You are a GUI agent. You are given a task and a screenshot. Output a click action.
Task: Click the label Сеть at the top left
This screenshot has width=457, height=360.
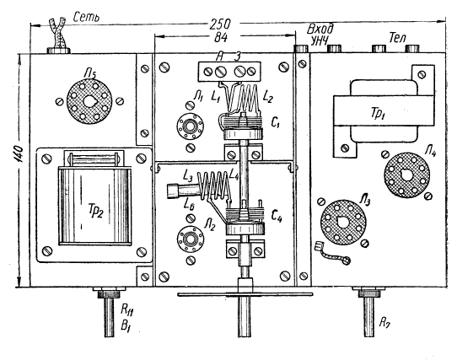click(x=86, y=17)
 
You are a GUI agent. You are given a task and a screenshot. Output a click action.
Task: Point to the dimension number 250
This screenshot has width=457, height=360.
click(x=220, y=24)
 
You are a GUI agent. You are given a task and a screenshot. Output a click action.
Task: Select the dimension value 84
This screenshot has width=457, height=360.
click(x=221, y=37)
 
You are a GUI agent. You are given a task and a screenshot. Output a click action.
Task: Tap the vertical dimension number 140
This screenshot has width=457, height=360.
click(x=19, y=153)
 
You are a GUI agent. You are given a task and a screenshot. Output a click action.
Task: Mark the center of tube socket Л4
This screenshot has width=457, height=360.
click(x=407, y=175)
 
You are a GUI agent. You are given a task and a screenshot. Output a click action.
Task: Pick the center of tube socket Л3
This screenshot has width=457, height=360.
click(x=343, y=223)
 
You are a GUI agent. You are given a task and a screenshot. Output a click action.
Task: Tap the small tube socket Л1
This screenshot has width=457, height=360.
click(x=190, y=126)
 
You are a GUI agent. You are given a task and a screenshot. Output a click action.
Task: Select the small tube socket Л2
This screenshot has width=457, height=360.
click(x=191, y=239)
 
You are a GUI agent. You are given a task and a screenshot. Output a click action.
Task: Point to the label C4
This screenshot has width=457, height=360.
click(x=277, y=217)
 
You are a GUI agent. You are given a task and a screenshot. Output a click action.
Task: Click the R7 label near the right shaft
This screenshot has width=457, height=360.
click(x=384, y=322)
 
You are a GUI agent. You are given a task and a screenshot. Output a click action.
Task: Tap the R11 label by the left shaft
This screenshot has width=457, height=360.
click(x=127, y=310)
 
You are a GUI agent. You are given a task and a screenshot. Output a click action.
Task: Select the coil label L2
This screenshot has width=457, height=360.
click(x=268, y=96)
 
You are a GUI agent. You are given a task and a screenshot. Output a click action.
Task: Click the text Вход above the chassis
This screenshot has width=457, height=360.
click(x=320, y=30)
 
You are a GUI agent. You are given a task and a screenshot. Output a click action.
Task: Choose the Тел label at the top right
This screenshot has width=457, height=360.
click(x=397, y=37)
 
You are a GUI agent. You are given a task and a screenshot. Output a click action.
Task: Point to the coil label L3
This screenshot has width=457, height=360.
click(x=188, y=176)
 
